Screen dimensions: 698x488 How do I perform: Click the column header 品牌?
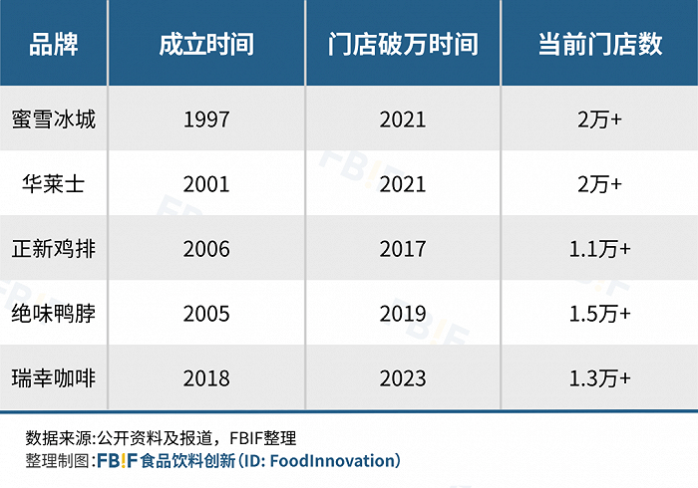point(54,44)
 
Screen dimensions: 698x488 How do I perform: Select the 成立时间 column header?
point(206,44)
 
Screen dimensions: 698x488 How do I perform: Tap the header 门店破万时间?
point(403,44)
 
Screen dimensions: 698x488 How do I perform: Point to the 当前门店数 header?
point(600,44)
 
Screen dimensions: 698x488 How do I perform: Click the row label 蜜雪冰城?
point(54,120)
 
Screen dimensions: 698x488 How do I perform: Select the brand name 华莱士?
point(54,184)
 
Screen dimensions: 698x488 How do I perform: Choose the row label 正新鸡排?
point(54,248)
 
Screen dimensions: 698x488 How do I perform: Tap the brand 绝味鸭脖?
point(54,314)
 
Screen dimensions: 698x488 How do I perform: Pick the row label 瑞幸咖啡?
point(54,378)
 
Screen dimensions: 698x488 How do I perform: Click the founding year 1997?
point(206,120)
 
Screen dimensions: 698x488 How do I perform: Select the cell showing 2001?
point(206,184)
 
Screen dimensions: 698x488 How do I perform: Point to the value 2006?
point(206,249)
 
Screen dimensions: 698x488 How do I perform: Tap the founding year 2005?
point(206,314)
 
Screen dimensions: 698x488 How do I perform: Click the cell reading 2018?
point(206,378)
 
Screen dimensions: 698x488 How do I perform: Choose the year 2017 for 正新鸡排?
point(403,249)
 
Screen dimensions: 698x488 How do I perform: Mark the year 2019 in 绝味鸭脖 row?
point(403,314)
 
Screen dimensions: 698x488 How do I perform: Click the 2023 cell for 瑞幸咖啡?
point(403,378)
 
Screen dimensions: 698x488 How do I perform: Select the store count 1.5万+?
point(600,314)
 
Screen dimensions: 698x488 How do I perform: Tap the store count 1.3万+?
point(600,378)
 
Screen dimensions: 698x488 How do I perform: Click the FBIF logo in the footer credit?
point(117,461)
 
